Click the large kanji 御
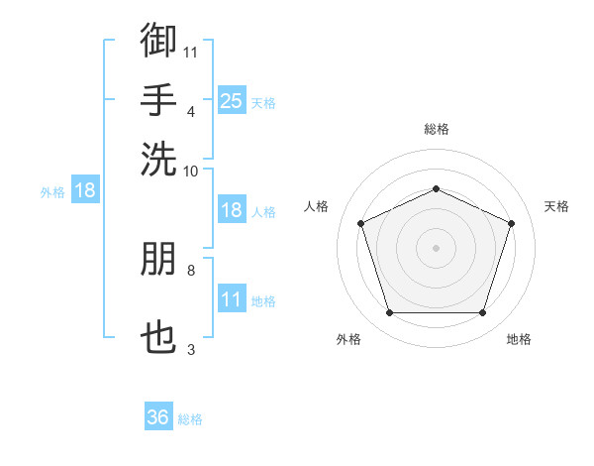coord(158,40)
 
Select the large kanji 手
coord(158,99)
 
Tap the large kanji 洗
coord(158,159)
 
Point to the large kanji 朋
coord(158,259)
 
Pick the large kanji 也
coord(158,337)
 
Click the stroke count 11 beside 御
coord(190,53)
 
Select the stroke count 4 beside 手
coord(191,112)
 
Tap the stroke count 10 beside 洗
coord(190,172)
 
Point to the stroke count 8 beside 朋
coord(191,271)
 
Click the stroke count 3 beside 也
coord(191,349)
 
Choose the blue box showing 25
coord(232,100)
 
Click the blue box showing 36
coord(158,415)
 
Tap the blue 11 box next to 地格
coord(232,297)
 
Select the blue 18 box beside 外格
coord(85,189)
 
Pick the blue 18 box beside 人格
coord(232,209)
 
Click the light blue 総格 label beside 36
coord(190,419)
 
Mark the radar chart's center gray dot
coord(436,248)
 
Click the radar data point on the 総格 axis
coord(436,188)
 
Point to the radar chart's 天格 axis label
coord(556,206)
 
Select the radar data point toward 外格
coord(390,312)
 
